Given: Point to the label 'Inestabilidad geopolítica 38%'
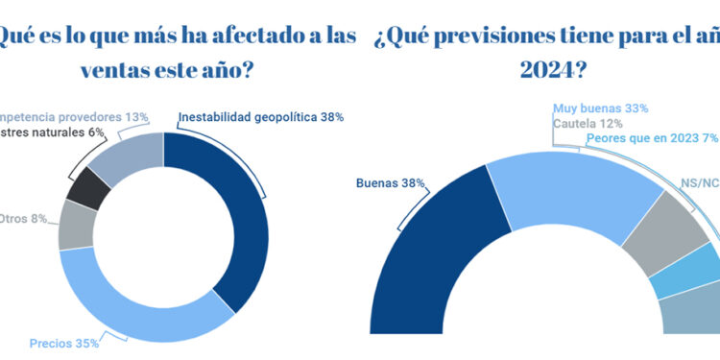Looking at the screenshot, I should (260, 117).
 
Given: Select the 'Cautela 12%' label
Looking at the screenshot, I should (588, 123).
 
